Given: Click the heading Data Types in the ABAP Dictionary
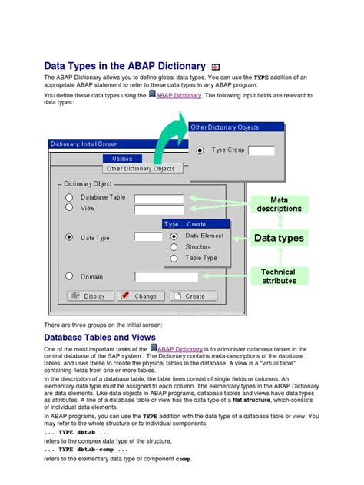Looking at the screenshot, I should [125, 67].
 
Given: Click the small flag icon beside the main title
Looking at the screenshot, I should [216, 68].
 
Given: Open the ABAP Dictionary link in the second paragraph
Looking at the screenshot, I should [180, 95].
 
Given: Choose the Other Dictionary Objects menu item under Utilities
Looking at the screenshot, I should [141, 168].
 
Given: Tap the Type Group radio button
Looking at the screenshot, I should [201, 150].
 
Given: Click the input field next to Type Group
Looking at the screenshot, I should [261, 150].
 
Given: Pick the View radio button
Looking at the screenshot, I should [69, 207].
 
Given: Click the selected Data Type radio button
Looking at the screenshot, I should [69, 237].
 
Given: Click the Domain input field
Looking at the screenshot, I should [159, 276].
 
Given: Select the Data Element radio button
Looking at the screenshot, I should [174, 236].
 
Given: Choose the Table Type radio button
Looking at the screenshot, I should [174, 259].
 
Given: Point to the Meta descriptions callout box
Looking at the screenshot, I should [279, 204].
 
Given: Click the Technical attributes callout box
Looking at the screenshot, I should [278, 277].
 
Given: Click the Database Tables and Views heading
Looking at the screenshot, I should [100, 338].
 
